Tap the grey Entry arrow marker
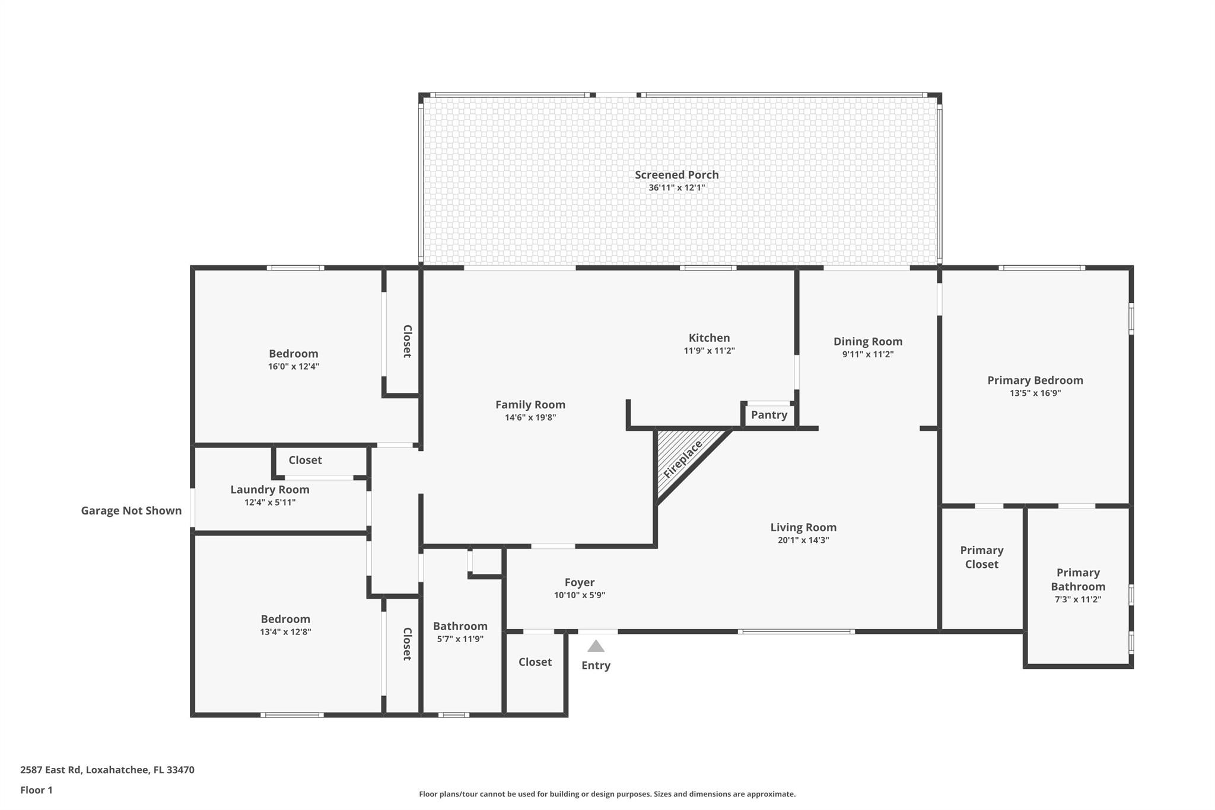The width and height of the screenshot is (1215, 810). point(596,646)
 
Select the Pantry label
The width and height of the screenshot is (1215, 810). point(769,415)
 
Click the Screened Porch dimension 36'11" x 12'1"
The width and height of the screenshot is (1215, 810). point(676,188)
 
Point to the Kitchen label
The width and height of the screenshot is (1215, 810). point(709,338)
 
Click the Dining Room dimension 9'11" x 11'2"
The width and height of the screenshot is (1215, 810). point(867,354)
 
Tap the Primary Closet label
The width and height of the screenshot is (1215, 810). point(981,557)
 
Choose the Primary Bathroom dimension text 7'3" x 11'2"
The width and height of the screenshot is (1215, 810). point(1077,599)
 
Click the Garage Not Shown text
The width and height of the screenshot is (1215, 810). point(131,510)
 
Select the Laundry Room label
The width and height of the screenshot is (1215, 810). point(270,489)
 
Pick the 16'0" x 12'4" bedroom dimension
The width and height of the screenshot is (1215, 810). point(293,366)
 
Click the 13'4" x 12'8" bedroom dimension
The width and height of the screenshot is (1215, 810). point(285,631)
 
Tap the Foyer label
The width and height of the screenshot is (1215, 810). point(579,582)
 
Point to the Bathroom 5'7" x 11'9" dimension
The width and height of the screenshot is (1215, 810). point(460,639)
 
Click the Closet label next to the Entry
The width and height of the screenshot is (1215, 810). point(535,662)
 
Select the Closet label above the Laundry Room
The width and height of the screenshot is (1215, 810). point(305,460)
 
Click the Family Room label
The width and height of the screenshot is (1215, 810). point(530,404)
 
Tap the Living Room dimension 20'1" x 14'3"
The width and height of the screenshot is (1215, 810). point(803,540)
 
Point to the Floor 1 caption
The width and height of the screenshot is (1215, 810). point(36,790)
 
